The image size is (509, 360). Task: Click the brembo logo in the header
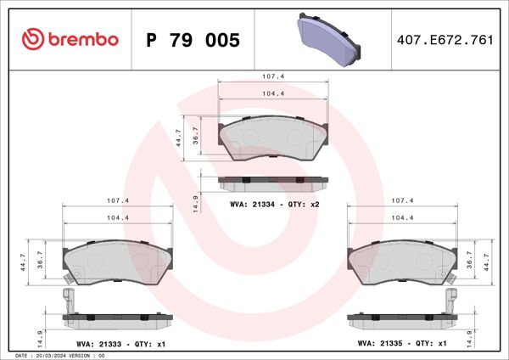click(x=70, y=40)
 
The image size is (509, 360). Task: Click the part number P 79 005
click(x=193, y=40)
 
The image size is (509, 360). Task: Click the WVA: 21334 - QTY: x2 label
click(x=275, y=205)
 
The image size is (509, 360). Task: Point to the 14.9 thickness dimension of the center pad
click(x=196, y=204)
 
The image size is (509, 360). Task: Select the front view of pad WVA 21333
click(x=119, y=260)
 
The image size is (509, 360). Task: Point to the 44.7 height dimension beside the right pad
click(x=485, y=260)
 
